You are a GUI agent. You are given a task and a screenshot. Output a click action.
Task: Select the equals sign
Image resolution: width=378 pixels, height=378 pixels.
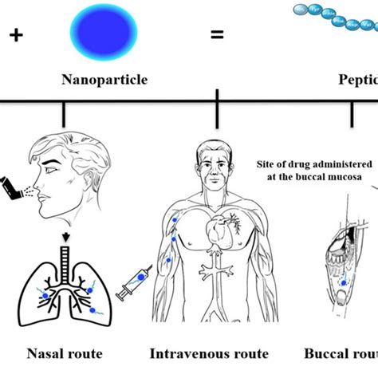pos(217,35)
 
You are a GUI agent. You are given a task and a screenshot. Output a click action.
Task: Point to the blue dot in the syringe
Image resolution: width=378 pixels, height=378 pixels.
pos(141,277)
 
